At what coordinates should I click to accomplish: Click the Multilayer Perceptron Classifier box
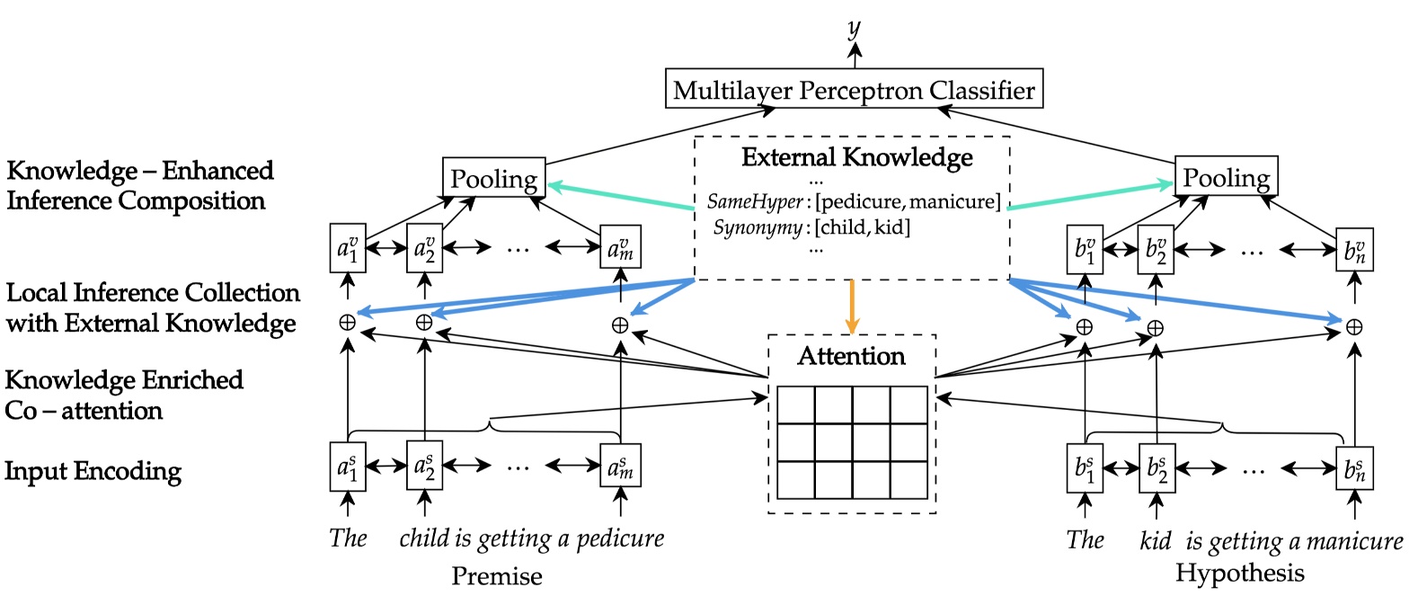(854, 89)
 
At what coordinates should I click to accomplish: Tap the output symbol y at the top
(854, 29)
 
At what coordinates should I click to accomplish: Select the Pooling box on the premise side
(493, 179)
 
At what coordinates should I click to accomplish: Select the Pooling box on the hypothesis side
(1226, 177)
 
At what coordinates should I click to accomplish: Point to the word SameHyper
(754, 201)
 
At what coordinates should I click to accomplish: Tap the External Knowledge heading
(856, 157)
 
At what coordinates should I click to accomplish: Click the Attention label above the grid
(851, 356)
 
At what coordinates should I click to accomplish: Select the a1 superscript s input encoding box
(347, 466)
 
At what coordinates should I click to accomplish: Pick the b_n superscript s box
(1354, 468)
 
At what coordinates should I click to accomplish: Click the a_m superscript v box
(620, 247)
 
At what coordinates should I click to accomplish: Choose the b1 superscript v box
(1085, 249)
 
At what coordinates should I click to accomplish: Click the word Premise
(496, 575)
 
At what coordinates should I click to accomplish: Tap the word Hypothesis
(1239, 573)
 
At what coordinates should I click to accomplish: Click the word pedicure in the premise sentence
(620, 538)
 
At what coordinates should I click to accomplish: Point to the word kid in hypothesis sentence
(1155, 540)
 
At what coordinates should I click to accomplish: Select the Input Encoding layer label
(93, 471)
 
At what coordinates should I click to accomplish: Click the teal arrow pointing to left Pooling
(620, 196)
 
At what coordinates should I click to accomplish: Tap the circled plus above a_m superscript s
(619, 325)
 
